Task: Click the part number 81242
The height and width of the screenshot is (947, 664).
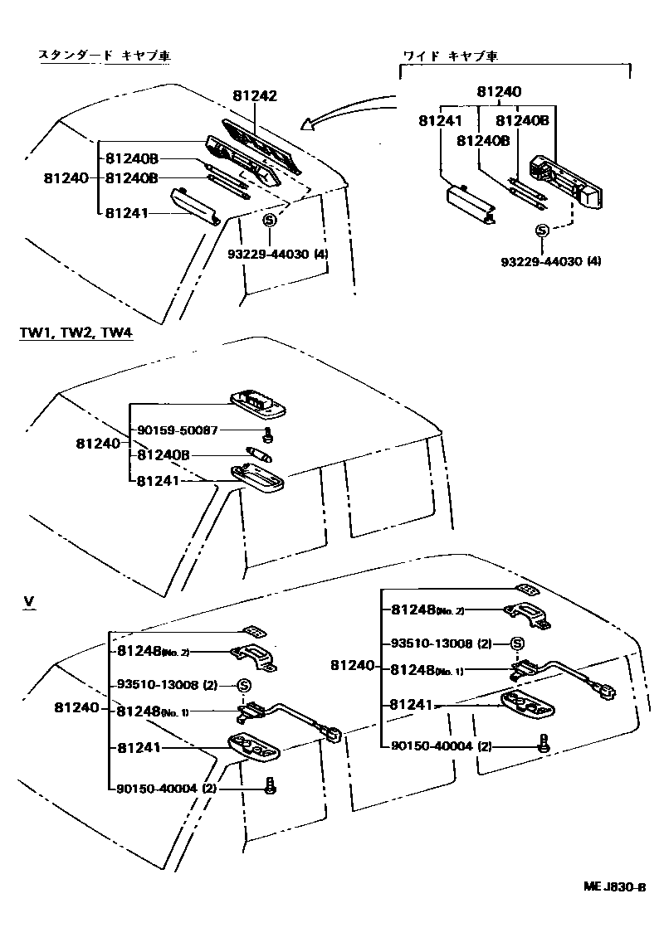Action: [253, 96]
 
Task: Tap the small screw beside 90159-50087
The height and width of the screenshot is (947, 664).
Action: [268, 434]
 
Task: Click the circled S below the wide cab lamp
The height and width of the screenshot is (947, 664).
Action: [542, 231]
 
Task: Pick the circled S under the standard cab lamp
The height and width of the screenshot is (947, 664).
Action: [270, 221]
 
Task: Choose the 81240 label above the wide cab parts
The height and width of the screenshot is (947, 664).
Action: [499, 92]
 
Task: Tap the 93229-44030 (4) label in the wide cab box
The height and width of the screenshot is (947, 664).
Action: [550, 261]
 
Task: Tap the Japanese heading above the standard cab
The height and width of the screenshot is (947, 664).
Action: [110, 56]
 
